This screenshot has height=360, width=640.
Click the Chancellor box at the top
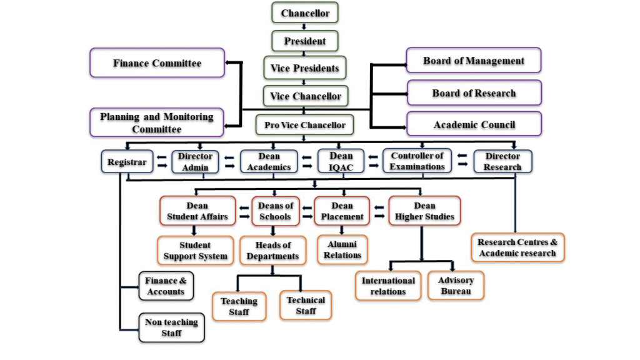click(x=305, y=12)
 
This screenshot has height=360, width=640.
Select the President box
click(x=305, y=41)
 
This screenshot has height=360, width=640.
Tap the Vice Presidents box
click(x=305, y=67)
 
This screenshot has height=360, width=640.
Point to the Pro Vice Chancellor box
click(x=304, y=125)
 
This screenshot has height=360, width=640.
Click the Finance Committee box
click(x=157, y=63)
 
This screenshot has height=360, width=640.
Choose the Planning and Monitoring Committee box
click(x=157, y=122)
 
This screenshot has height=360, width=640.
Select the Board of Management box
click(x=474, y=61)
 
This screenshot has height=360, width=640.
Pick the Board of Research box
click(x=474, y=93)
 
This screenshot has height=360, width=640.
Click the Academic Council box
click(x=474, y=124)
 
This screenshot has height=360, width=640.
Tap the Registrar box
click(x=127, y=162)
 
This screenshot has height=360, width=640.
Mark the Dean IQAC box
click(x=341, y=161)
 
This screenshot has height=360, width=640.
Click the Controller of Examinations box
click(x=417, y=161)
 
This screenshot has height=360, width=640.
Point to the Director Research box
click(x=502, y=161)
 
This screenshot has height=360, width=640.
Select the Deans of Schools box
click(x=276, y=211)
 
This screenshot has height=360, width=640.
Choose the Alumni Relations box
click(x=342, y=249)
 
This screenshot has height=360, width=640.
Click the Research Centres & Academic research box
click(x=517, y=247)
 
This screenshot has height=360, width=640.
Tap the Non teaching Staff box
click(x=171, y=327)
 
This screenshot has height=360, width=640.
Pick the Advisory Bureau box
click(x=456, y=285)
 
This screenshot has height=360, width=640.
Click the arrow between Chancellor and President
click(x=304, y=26)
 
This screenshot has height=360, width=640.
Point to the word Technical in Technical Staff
click(x=306, y=300)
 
